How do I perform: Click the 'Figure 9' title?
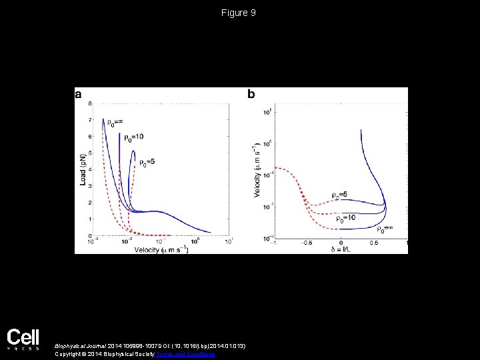pos(239,13)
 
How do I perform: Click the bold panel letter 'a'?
pos(79,95)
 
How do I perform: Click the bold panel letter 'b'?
pos(251,95)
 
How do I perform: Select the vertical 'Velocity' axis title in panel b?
pos(257,172)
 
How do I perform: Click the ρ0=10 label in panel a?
pos(133,137)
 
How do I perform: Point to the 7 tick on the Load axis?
pos(90,120)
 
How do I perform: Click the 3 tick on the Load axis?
pos(90,186)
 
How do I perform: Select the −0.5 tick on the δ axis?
pos(306,243)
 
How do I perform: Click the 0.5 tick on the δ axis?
pos(374,243)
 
